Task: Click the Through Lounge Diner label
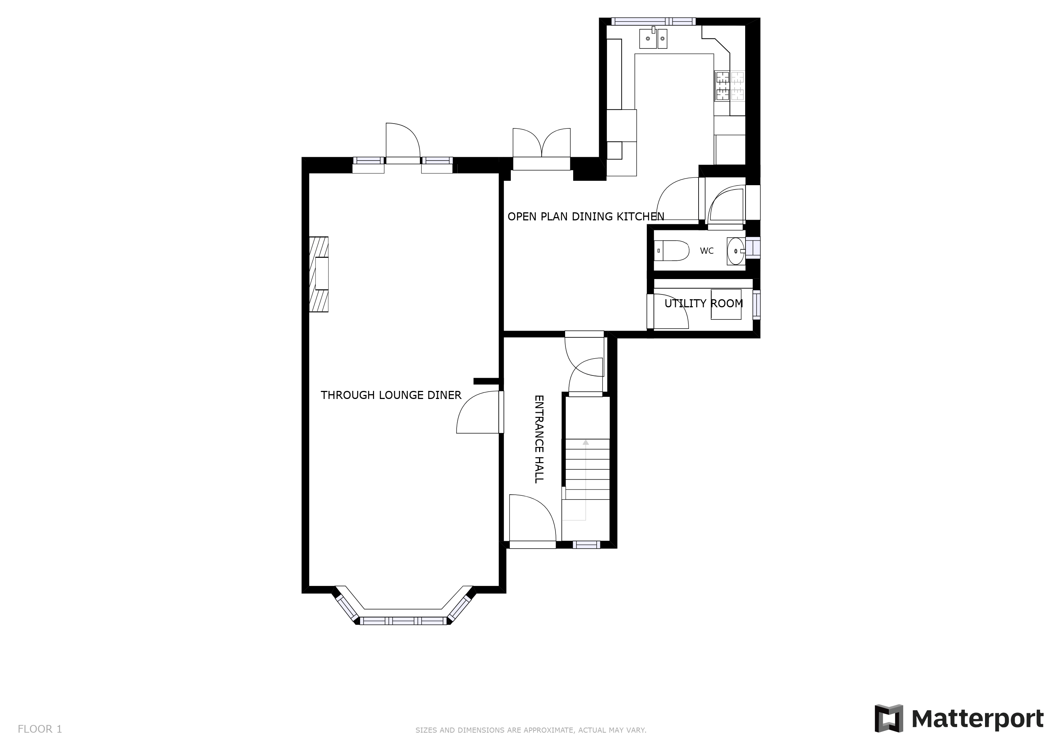pyautogui.click(x=391, y=395)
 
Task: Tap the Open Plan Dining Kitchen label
pyautogui.click(x=586, y=216)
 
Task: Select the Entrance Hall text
pyautogui.click(x=539, y=439)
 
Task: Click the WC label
pyautogui.click(x=706, y=251)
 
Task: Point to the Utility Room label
pyautogui.click(x=703, y=303)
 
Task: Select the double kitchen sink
pyautogui.click(x=653, y=39)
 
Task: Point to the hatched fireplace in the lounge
pyautogui.click(x=319, y=274)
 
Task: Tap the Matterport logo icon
pyautogui.click(x=889, y=718)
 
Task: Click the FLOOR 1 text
pyautogui.click(x=40, y=729)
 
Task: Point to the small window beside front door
pyautogui.click(x=586, y=545)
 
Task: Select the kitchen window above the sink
pyautogui.click(x=653, y=21)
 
